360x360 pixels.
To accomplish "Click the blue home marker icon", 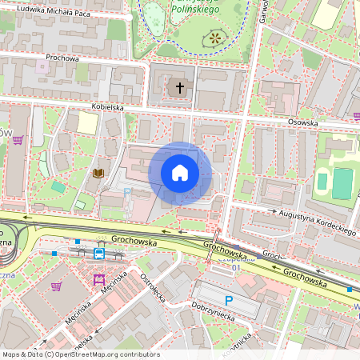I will pos(180,173).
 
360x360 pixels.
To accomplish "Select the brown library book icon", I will pos(98,173).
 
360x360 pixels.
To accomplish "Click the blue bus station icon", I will pos(99,254).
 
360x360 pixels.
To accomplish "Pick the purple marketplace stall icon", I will pos(99,279).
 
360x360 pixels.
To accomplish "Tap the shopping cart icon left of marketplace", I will pos(56,286).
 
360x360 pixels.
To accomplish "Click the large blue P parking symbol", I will pos(229,301).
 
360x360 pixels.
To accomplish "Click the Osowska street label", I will pos(303,123).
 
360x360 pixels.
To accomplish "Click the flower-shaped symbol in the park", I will pos(214,37).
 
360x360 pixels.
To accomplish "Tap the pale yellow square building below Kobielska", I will pos(87,123).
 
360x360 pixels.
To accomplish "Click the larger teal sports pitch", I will pos(342,183).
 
